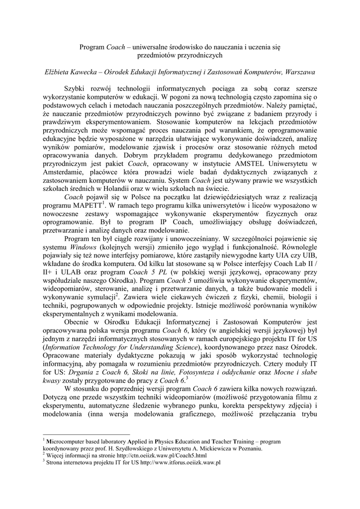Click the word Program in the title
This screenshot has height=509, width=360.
pos(92,47)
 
